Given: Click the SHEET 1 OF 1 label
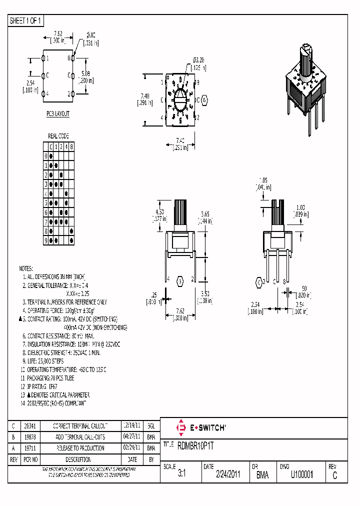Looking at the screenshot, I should pos(26,20).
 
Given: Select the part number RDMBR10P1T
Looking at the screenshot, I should pos(195,444).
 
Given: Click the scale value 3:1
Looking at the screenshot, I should pos(181,475).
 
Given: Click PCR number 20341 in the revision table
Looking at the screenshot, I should pos(29,426).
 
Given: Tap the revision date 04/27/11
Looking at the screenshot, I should pos(130,437).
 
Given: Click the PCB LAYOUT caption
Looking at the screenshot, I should pos(58,114).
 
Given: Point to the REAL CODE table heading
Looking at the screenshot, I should pos(58,136).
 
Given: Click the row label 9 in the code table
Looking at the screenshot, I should pos(45,240).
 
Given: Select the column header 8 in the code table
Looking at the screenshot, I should pos(71,146).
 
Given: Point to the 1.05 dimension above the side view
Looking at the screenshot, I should pos(264,180).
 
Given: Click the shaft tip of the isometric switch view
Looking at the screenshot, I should pos(307,48).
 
